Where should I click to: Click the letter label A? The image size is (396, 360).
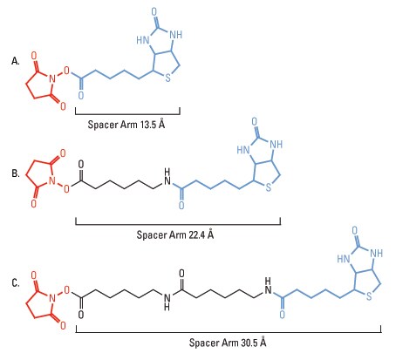[x=16, y=61]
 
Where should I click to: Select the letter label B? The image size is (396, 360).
[x=16, y=173]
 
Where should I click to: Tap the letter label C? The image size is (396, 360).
[x=16, y=282]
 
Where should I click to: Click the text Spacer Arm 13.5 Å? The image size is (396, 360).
[x=126, y=124]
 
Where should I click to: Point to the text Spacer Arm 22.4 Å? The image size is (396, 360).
[x=175, y=234]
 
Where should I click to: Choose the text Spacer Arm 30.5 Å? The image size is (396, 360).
[x=228, y=342]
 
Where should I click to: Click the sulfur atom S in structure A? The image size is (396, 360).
[x=167, y=78]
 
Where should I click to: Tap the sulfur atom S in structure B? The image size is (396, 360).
[x=269, y=187]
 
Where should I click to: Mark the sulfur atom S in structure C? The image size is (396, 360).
[x=369, y=296]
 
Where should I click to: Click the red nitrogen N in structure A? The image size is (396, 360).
[x=52, y=78]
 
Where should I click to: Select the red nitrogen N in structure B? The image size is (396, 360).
[x=52, y=180]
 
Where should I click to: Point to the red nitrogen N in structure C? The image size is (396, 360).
[x=52, y=298]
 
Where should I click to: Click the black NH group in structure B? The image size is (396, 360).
[x=167, y=176]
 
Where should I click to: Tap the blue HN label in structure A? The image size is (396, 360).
[x=143, y=40]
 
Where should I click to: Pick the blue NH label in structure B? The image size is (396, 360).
[x=276, y=144]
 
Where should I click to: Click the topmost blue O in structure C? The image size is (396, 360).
[x=355, y=231]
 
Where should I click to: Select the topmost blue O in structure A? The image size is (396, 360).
[x=154, y=12]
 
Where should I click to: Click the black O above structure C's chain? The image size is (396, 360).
[x=181, y=274]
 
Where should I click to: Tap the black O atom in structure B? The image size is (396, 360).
[x=81, y=164]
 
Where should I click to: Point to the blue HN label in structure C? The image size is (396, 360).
[x=344, y=259]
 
